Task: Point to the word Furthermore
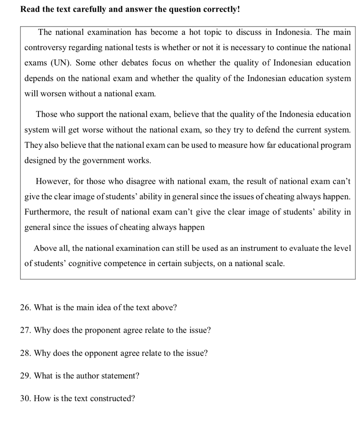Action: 47,212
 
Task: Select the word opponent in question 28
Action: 88,353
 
